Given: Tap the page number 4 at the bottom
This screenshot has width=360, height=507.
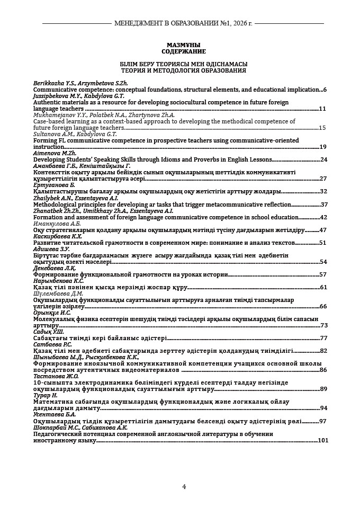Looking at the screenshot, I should tap(184, 487).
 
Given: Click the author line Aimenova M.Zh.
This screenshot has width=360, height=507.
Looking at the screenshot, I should tap(51, 153).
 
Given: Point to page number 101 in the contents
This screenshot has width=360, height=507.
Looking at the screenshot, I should tap(322, 440).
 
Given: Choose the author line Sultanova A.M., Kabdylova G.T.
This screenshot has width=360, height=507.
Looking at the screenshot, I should tap(75, 134).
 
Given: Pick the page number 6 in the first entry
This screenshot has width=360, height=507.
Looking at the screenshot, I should tap(325, 90).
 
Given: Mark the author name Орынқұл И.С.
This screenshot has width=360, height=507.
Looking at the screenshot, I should tap(52, 313).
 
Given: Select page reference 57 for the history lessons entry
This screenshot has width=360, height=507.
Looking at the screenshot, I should tap(323, 274).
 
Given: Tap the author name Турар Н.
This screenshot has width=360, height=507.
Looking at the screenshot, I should tap(45, 395).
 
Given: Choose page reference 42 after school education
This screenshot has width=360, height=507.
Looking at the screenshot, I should tap(323, 217).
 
